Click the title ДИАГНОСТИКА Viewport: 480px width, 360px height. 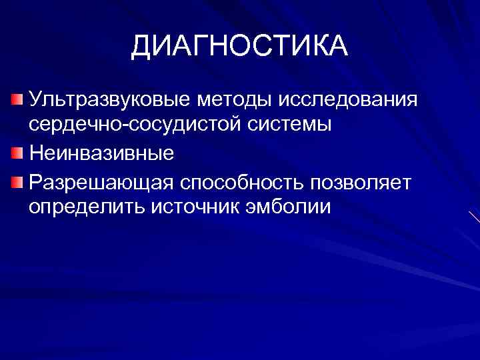239,46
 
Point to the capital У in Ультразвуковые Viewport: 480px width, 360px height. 35,100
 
